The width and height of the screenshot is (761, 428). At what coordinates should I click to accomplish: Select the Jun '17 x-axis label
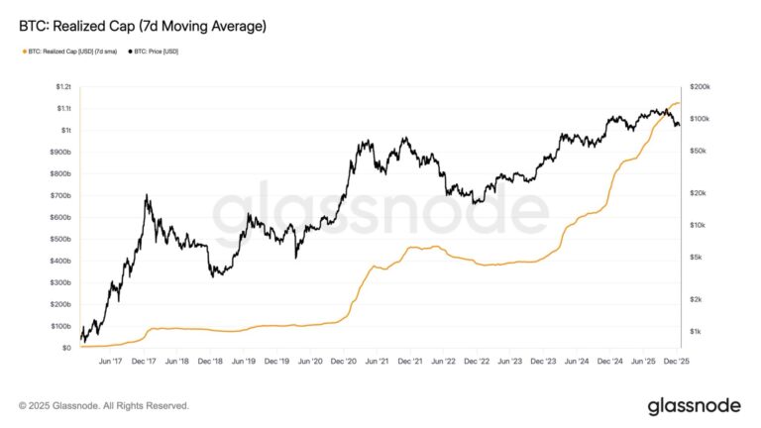(x=110, y=361)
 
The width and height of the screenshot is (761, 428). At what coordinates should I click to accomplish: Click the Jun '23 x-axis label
(x=510, y=361)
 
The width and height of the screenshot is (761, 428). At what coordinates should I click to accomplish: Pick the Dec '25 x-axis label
(x=677, y=361)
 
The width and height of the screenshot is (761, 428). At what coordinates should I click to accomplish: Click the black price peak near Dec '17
(x=148, y=196)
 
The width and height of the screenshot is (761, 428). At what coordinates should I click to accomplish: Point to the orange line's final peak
(x=676, y=102)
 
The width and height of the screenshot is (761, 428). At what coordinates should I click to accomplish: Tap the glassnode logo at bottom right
(x=695, y=405)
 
